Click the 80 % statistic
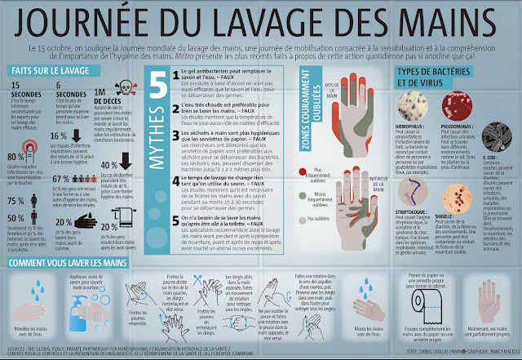pos(16,158)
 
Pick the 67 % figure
pos(60,179)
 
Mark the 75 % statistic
pos(16,201)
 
